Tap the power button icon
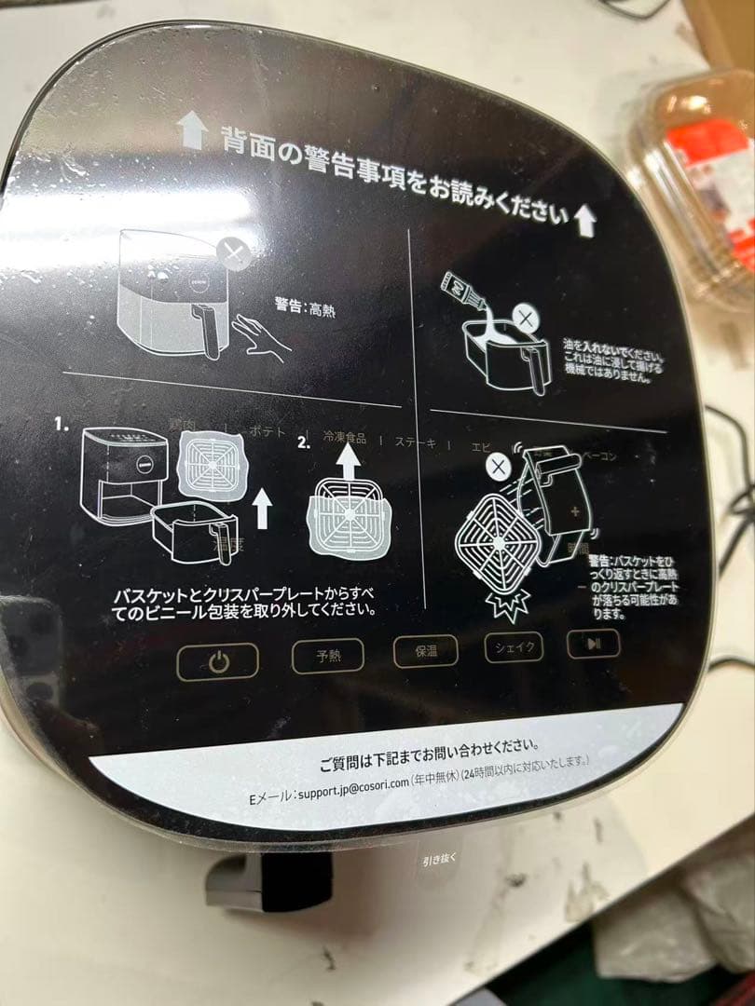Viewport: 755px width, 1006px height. click(x=217, y=662)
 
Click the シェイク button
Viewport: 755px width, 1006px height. click(x=514, y=646)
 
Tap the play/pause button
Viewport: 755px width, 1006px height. click(x=593, y=642)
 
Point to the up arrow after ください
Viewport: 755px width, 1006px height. click(x=584, y=219)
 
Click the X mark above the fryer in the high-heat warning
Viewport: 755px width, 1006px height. click(x=233, y=253)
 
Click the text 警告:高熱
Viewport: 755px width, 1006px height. click(x=305, y=306)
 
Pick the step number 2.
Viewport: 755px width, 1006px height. click(x=304, y=442)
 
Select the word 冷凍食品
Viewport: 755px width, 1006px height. click(x=344, y=437)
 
